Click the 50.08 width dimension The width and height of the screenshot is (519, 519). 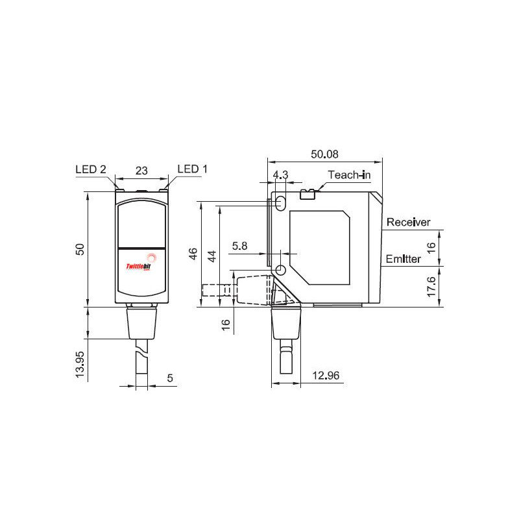point(325,155)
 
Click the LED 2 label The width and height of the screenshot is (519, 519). point(90,169)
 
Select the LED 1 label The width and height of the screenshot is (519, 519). point(192,169)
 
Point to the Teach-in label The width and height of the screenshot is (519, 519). point(349,175)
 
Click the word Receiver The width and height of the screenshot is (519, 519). point(408,223)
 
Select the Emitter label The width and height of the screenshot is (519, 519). point(404,259)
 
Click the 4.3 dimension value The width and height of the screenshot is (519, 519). point(280,175)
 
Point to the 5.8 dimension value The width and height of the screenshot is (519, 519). point(239,246)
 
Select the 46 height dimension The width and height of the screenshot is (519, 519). point(193,254)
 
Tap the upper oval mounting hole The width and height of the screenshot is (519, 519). point(281,202)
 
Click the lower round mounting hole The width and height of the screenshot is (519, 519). point(281,270)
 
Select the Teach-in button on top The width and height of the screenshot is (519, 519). point(308,192)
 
